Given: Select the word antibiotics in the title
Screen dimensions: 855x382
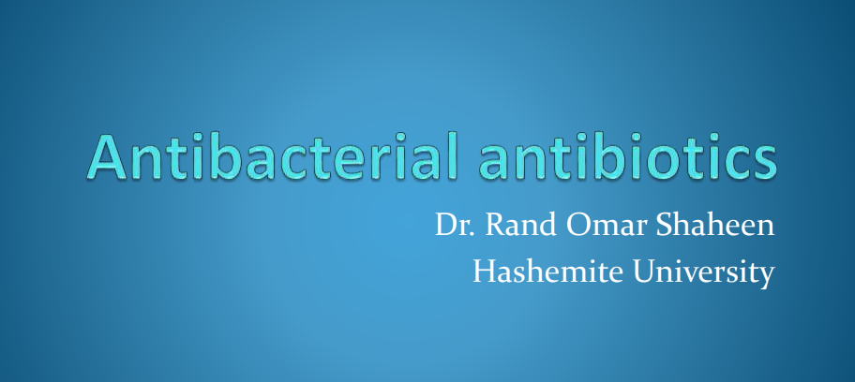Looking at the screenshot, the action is (626, 155).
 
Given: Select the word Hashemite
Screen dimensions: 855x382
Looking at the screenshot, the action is (547, 271).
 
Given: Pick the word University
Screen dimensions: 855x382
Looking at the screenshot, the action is (703, 272).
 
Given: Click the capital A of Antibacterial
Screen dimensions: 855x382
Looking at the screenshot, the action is (107, 157).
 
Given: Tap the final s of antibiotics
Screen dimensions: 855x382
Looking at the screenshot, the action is (764, 163).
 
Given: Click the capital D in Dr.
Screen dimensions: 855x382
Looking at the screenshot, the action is (446, 225).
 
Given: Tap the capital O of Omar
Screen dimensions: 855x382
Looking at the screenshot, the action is (578, 225).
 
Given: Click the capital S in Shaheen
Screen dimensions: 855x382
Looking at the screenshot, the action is (664, 225).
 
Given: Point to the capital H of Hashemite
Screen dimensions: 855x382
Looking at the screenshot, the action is (485, 272).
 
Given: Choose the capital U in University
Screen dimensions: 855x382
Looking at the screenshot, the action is (644, 272).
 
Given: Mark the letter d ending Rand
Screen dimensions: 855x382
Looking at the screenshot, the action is (548, 225).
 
